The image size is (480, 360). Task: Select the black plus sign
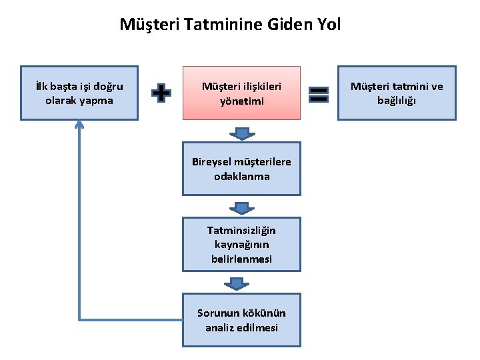(x=160, y=93)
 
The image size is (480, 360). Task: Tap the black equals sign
(x=319, y=93)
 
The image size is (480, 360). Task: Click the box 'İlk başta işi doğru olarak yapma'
(x=79, y=93)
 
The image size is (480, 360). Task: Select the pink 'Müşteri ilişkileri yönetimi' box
(x=241, y=93)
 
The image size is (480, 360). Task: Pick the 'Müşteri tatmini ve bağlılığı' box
(x=397, y=93)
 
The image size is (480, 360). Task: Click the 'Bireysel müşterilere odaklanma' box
(x=241, y=169)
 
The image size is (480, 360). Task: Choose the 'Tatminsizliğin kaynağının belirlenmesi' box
(x=241, y=244)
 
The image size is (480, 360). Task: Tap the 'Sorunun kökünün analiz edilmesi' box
(x=241, y=321)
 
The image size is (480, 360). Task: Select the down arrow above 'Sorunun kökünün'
(x=241, y=284)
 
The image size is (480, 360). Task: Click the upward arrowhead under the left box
(x=79, y=125)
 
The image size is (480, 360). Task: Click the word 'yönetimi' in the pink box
(x=241, y=101)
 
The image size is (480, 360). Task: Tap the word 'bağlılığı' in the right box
(x=397, y=101)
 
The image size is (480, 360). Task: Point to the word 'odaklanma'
(x=241, y=177)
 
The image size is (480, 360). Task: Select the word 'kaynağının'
(x=241, y=245)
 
